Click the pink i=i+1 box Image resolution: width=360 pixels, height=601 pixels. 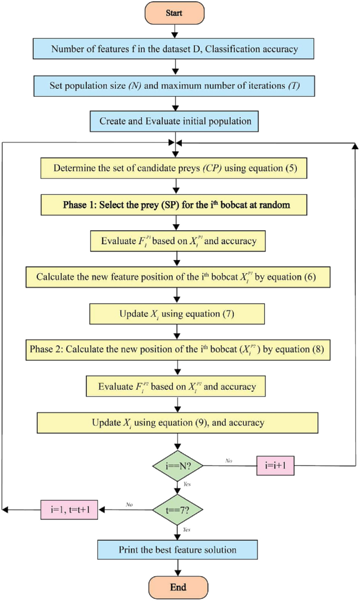[279, 466]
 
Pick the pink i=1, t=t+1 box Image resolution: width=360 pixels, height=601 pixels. [69, 509]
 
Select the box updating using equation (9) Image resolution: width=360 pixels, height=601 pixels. [177, 422]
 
